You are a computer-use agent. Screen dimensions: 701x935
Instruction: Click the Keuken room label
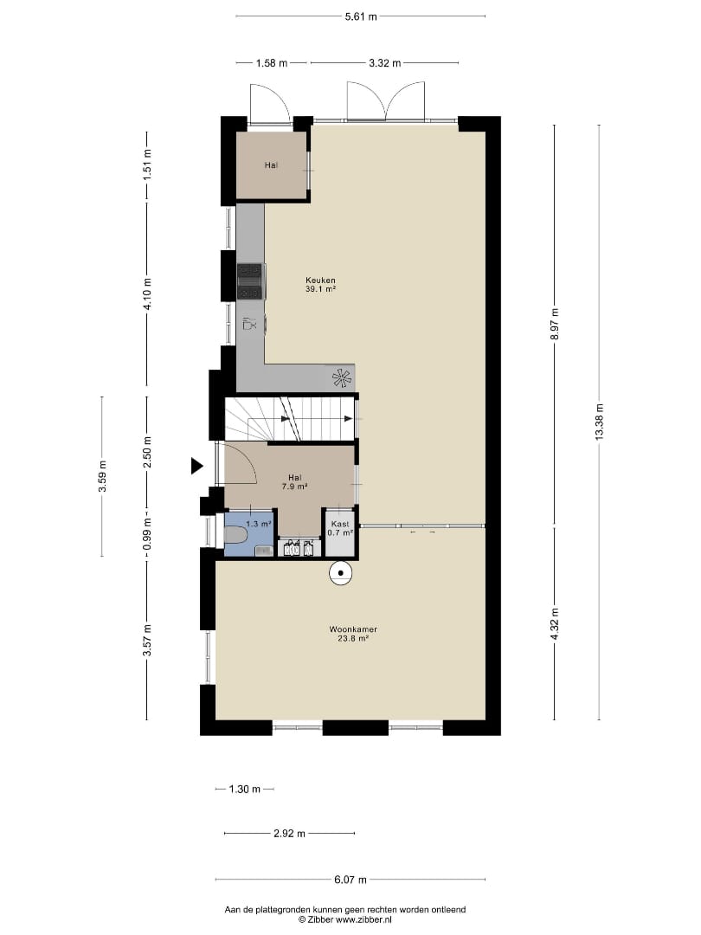click(320, 280)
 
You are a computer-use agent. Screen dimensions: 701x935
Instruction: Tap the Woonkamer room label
click(353, 629)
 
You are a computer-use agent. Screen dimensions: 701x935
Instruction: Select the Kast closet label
click(340, 524)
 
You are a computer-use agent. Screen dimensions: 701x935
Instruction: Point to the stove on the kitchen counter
click(250, 281)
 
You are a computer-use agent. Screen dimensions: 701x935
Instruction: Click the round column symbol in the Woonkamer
click(341, 574)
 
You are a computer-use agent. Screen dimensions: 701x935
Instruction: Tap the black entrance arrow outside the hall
click(196, 465)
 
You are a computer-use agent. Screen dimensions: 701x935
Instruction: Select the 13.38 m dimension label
click(600, 422)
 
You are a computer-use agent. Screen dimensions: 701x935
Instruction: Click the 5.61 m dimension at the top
click(361, 16)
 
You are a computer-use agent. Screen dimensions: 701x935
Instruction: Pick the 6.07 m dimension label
click(350, 879)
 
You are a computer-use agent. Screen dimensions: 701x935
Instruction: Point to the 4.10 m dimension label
click(147, 293)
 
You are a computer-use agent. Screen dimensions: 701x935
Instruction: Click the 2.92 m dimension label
click(290, 834)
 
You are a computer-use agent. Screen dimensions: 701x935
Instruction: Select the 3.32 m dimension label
click(384, 63)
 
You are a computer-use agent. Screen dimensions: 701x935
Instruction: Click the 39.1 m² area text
click(321, 289)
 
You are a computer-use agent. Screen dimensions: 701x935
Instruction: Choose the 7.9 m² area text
click(294, 486)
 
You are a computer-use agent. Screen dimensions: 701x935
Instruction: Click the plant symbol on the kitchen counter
click(342, 378)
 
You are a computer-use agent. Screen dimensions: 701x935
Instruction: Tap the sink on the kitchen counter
click(250, 324)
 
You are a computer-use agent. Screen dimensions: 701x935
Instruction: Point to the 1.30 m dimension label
click(245, 790)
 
